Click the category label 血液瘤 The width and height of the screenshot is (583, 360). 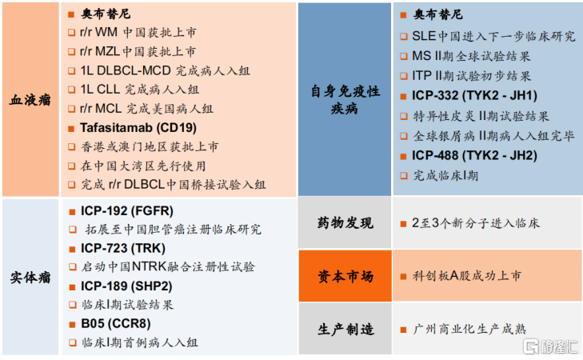(30, 100)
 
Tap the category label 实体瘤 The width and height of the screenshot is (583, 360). (30, 277)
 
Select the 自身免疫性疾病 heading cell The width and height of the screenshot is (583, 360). (345, 99)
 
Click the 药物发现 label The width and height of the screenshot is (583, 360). (345, 222)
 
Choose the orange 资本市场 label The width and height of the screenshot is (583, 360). (345, 276)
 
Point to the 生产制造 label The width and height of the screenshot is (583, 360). (345, 329)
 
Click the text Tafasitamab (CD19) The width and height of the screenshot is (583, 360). (138, 127)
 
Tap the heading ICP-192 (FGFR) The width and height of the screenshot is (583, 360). (127, 211)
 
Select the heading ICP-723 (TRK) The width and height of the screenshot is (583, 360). (123, 248)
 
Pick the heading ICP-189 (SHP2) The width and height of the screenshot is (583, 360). (126, 286)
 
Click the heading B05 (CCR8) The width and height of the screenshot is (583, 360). (116, 323)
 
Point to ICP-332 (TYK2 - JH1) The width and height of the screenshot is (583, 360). (474, 95)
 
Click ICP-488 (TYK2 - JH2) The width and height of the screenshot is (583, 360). (474, 155)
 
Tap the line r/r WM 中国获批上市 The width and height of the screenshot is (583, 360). (138, 32)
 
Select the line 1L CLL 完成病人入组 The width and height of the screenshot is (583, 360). (140, 90)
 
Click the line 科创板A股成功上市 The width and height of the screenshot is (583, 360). (467, 275)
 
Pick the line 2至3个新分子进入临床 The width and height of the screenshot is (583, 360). (476, 222)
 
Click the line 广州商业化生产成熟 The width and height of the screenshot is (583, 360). (469, 329)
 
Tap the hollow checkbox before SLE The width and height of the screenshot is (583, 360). (403, 37)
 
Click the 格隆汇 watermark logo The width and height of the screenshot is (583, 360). (551, 346)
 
